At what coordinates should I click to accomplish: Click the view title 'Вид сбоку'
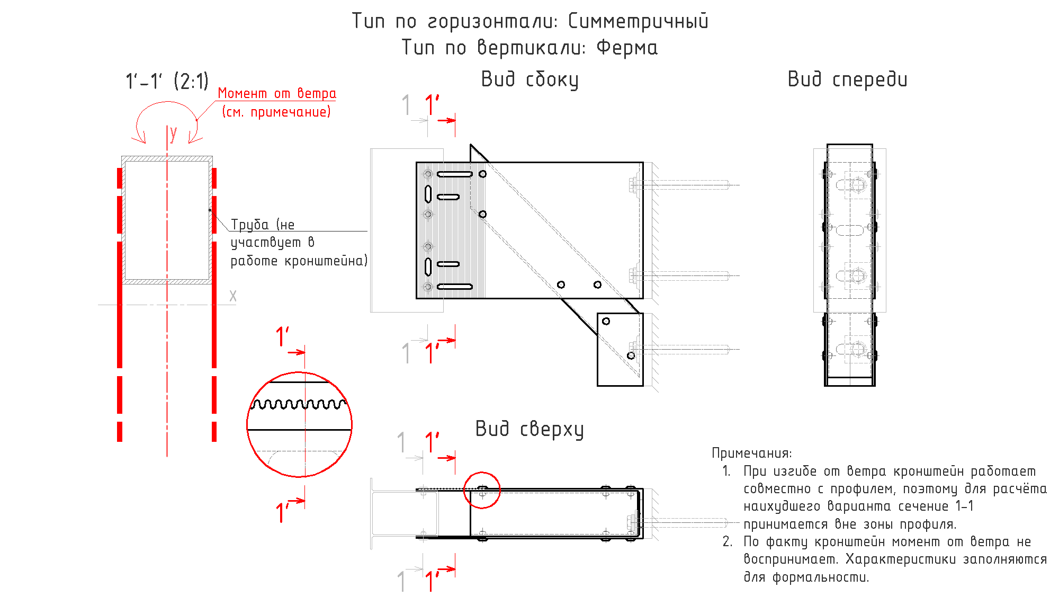tap(529, 79)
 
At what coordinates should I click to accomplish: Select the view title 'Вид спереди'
tap(847, 79)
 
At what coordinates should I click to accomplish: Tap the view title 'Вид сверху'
tap(529, 429)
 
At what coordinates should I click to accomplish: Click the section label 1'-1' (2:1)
tap(167, 81)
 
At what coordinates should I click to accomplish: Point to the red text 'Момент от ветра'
tap(277, 93)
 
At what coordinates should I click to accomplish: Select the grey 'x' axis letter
tap(233, 296)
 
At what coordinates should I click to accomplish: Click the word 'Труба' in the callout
tap(250, 225)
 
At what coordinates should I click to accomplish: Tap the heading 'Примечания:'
tap(752, 453)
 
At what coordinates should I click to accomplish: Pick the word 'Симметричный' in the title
tap(638, 21)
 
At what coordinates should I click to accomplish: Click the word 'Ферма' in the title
tap(627, 48)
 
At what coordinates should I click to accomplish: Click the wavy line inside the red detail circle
tap(299, 404)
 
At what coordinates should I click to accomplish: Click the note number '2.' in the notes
tap(728, 541)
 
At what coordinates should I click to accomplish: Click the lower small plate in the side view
tap(620, 350)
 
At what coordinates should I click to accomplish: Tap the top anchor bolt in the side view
tap(683, 185)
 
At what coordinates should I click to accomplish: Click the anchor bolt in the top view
tap(683, 523)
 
